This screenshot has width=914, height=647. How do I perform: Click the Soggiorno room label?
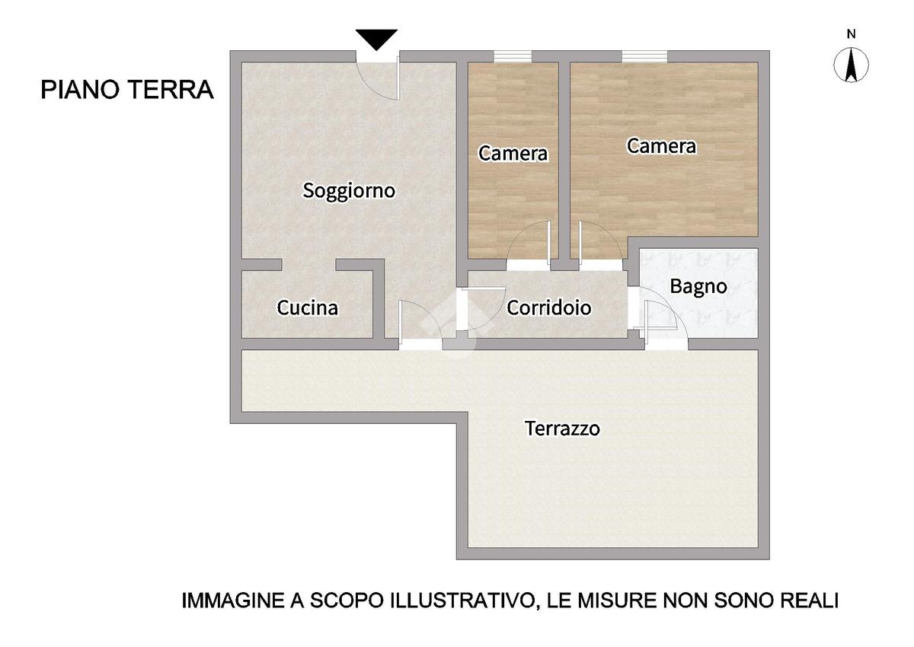click(x=349, y=191)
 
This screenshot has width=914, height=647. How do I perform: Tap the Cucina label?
click(x=307, y=308)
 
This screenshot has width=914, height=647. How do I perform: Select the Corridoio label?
click(x=549, y=308)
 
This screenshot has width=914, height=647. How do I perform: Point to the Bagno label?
click(x=698, y=287)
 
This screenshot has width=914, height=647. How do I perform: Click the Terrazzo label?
click(x=562, y=429)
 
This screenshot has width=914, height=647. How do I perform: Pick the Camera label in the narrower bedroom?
click(x=513, y=154)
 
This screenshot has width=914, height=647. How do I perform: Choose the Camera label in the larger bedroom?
click(x=661, y=146)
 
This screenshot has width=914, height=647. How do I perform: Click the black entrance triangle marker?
click(x=376, y=40)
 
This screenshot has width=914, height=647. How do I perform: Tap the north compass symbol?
click(x=851, y=65)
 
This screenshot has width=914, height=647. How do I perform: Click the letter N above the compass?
click(x=851, y=34)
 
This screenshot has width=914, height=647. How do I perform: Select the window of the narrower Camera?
click(x=513, y=56)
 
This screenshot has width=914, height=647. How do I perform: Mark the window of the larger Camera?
click(x=644, y=56)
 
